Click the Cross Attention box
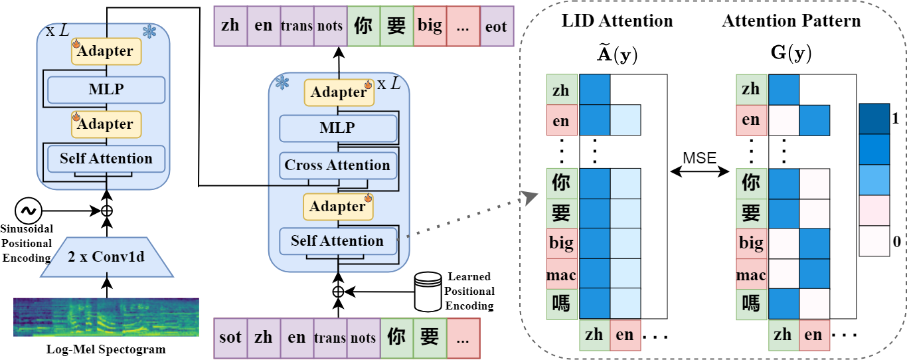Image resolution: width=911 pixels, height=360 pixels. [x=337, y=165]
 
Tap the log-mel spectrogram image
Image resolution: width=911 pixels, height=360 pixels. [x=106, y=317]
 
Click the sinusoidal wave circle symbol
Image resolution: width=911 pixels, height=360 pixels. [x=29, y=211]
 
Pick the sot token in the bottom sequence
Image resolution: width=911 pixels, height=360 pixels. [x=230, y=337]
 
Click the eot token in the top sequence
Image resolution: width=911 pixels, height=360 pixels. [x=496, y=27]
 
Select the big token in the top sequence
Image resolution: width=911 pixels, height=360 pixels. [x=430, y=27]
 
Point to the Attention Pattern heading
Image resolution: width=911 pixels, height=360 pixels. [x=791, y=21]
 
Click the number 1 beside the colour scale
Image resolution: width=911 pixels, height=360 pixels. [x=896, y=119]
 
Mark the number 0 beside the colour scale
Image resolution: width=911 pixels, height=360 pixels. [x=896, y=242]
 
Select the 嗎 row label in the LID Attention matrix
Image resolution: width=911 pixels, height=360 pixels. [x=562, y=304]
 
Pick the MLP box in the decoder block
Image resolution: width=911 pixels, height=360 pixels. [x=337, y=128]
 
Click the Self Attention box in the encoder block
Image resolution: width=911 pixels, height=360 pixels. [x=106, y=159]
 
